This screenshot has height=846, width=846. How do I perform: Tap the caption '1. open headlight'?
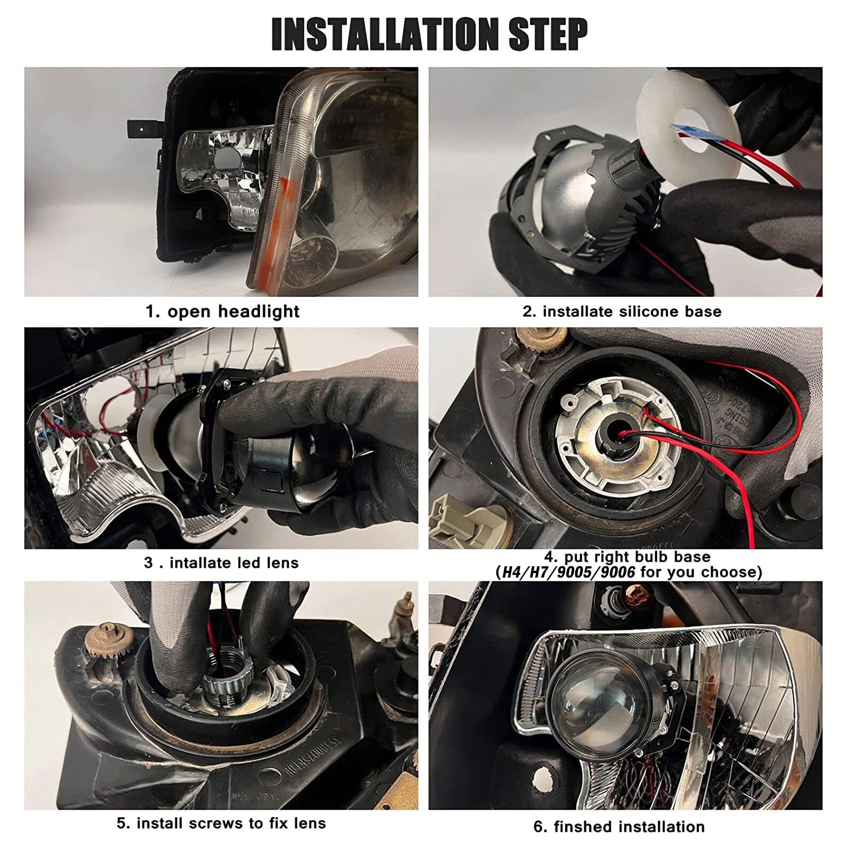point(222,311)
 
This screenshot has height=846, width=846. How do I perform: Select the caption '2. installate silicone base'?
point(622,311)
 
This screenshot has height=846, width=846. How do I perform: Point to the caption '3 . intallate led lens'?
point(221,563)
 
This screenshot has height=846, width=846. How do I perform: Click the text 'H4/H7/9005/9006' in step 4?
point(565,572)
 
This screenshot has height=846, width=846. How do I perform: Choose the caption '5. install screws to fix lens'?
point(221,823)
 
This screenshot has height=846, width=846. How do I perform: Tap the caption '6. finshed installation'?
point(619,827)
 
